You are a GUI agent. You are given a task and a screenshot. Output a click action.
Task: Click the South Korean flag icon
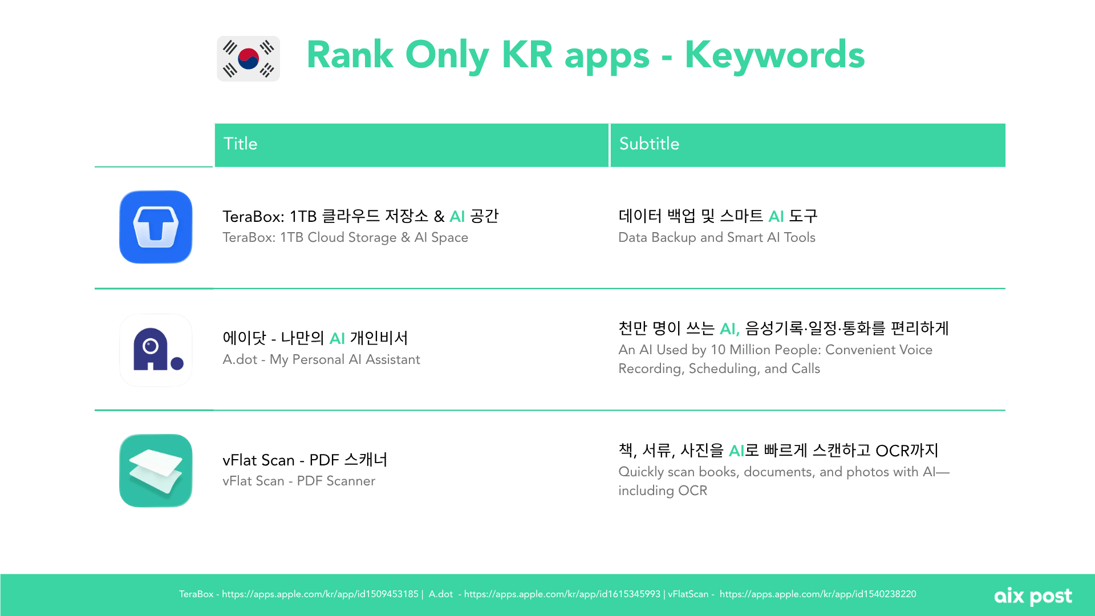(248, 59)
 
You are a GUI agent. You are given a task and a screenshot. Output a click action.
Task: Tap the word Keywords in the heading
(774, 55)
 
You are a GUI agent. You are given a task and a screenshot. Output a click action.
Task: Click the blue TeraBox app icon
(156, 227)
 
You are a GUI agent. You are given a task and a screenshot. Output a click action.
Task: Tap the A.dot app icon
(156, 350)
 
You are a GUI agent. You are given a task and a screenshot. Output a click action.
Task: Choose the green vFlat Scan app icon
(156, 471)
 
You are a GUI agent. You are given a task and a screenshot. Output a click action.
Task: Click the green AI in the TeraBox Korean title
(457, 217)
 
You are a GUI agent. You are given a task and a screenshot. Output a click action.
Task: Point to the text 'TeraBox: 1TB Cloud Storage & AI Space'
(345, 238)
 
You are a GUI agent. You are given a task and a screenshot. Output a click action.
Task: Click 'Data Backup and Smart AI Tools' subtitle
(717, 238)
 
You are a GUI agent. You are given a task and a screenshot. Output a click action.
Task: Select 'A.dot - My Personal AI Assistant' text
(321, 360)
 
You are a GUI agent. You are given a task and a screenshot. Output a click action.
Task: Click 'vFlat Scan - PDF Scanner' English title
(299, 481)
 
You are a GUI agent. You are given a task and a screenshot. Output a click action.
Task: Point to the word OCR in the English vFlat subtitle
(692, 491)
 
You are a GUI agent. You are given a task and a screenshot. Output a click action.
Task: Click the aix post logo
(1033, 597)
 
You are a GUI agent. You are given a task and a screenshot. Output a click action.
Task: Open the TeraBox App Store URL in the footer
(320, 594)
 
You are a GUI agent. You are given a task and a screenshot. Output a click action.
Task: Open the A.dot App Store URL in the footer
(562, 594)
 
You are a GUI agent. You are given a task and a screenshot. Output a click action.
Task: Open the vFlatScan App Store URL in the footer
(818, 594)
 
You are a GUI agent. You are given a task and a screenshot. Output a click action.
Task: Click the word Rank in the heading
(350, 55)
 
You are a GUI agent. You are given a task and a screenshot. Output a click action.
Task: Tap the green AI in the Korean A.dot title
(338, 339)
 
